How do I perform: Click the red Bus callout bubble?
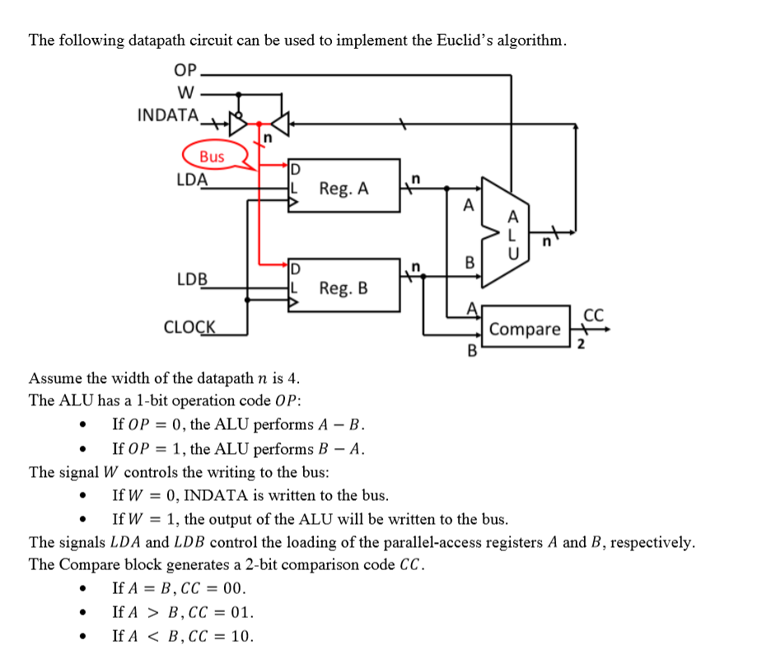[212, 157]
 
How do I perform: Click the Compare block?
[525, 329]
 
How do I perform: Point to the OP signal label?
[186, 70]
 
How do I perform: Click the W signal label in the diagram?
[186, 91]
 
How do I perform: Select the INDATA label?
[167, 115]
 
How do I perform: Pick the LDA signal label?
[192, 179]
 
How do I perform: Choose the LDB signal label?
[192, 279]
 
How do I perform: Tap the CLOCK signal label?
[189, 327]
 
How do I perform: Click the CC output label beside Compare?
[593, 315]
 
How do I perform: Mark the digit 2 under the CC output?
[581, 344]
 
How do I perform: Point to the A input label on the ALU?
[468, 206]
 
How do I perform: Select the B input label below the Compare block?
[473, 351]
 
